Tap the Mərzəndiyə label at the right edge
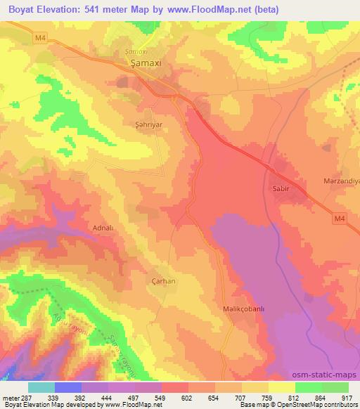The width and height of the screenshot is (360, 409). (342, 181)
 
